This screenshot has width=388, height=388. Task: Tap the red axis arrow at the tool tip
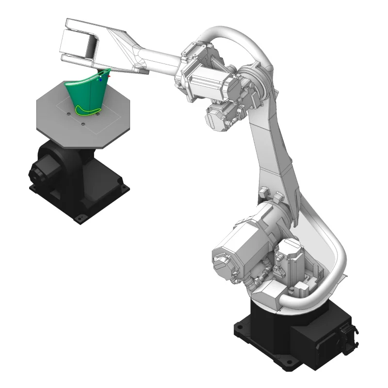[109, 76]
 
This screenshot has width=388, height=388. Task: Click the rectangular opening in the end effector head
[90, 46]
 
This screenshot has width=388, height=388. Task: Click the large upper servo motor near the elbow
[213, 80]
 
